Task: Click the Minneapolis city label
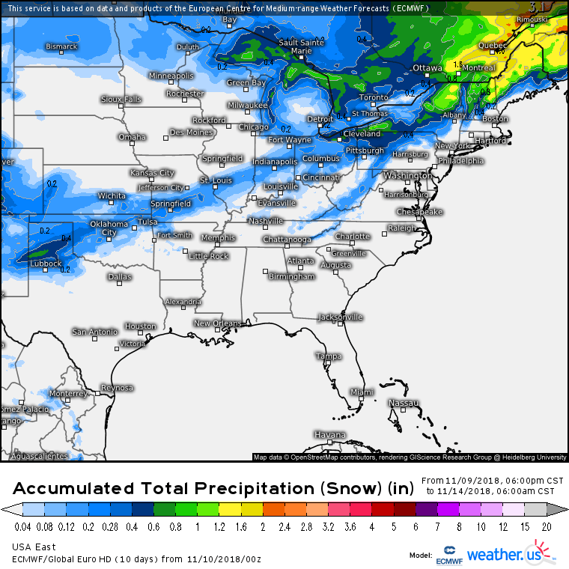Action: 171,76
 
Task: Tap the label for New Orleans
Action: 218,323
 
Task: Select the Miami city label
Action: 362,392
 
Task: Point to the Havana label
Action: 330,435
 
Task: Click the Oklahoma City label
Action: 109,228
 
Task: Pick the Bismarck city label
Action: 61,46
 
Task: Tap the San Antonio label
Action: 94,332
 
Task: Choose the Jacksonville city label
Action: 341,317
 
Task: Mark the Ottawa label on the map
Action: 427,67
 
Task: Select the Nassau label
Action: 404,403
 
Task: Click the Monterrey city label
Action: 67,393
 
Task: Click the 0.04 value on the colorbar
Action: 23,526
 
